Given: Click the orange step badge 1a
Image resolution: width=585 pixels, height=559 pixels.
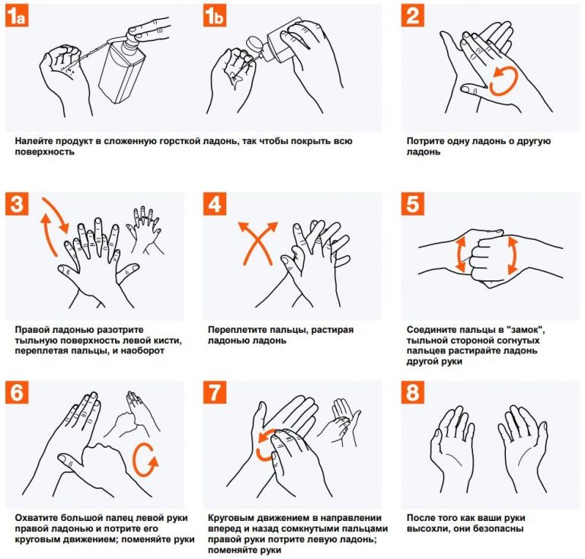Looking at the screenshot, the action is click(x=18, y=15).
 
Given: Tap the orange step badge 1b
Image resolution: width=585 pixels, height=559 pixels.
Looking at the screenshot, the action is click(x=215, y=15).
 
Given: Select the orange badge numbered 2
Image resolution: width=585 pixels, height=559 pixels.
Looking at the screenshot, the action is click(x=413, y=15).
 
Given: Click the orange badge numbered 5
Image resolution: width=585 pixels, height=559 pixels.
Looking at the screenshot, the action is click(x=413, y=203).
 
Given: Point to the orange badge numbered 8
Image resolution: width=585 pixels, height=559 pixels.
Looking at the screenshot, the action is click(x=413, y=392).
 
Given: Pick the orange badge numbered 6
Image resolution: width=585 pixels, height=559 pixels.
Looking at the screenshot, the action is click(x=18, y=392).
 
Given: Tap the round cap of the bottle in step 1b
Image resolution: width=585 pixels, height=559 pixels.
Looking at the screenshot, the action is click(x=254, y=43).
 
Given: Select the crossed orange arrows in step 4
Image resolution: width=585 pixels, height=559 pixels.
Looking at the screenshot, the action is click(x=258, y=243).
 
